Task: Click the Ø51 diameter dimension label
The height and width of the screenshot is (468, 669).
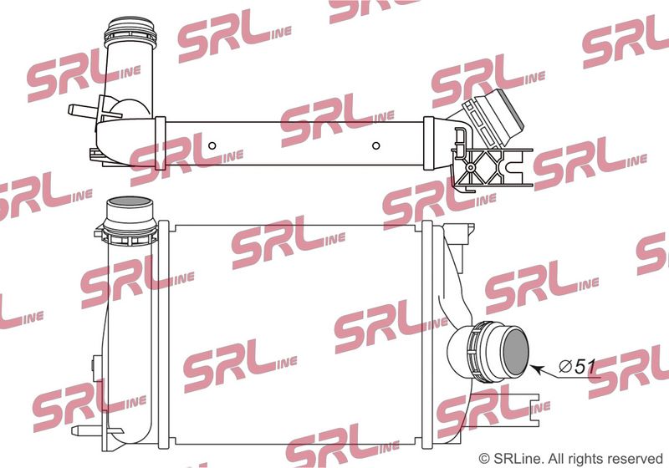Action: (x=577, y=367)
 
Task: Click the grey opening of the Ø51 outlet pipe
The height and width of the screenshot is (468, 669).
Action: (x=516, y=352)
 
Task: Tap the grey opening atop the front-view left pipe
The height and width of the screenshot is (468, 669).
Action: (x=129, y=201)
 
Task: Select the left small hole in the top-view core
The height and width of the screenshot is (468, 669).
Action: (x=212, y=145)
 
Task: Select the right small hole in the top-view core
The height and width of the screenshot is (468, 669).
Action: (x=375, y=145)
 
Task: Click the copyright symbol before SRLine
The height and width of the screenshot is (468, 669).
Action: (x=484, y=459)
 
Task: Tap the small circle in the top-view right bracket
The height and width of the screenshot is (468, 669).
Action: (x=471, y=167)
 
